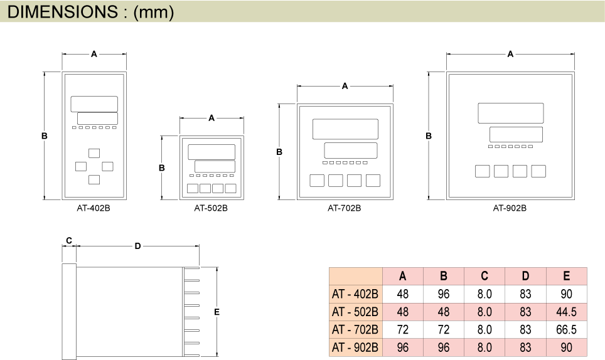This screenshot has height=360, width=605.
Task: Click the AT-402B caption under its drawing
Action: [94, 208]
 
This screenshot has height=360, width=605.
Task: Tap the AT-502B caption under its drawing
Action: [211, 208]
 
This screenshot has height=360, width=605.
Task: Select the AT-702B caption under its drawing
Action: [344, 208]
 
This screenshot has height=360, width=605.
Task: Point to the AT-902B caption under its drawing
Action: [510, 208]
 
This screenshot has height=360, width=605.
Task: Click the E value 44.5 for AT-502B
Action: [566, 312]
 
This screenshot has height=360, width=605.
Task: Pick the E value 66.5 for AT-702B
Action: [566, 329]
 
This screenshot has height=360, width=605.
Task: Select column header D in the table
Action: [525, 276]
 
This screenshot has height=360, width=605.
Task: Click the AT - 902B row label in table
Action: [355, 347]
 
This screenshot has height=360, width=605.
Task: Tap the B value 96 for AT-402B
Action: [443, 294]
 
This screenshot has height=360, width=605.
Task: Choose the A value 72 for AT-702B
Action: [402, 329]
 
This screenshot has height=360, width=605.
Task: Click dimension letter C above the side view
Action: [69, 240]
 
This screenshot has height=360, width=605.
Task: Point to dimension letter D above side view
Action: [137, 246]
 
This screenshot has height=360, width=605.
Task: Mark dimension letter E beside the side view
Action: [217, 312]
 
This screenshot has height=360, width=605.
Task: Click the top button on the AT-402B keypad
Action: [94, 153]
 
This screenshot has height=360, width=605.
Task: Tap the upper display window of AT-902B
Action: [510, 113]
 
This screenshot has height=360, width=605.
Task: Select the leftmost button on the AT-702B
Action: [317, 181]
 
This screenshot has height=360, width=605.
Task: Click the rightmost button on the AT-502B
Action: [231, 188]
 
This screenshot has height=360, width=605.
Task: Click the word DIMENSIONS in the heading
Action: [63, 11]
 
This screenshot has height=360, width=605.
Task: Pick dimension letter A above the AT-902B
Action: [510, 54]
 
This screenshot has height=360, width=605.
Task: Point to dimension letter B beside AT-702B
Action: [279, 152]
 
